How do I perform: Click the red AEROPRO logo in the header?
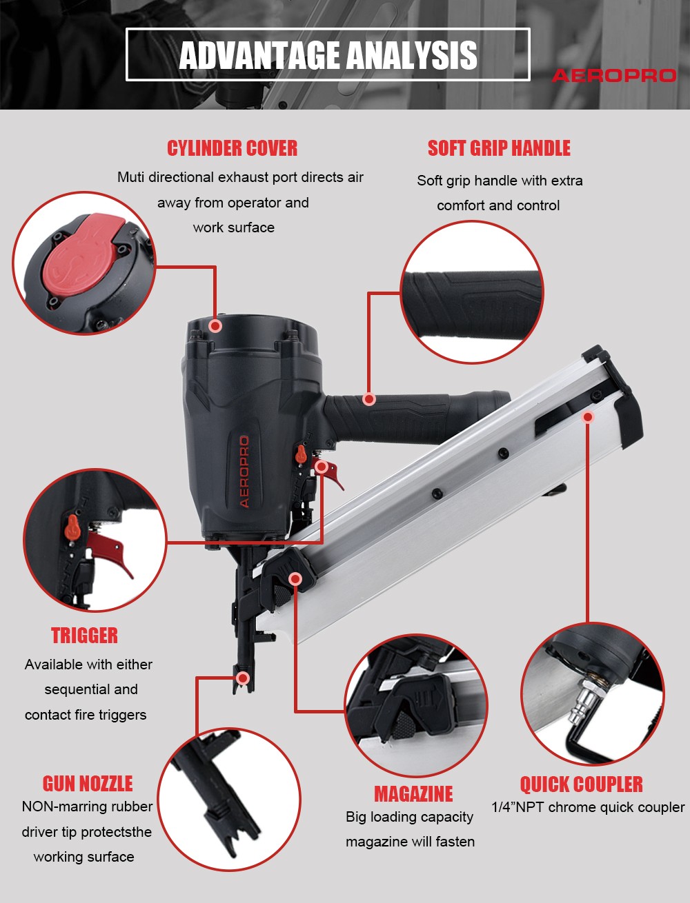pyautogui.click(x=614, y=76)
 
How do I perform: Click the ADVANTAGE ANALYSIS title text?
pyautogui.click(x=328, y=55)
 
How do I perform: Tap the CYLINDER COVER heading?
pyautogui.click(x=233, y=148)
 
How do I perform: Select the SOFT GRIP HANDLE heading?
pyautogui.click(x=499, y=148)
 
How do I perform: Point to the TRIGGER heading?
pyautogui.click(x=84, y=635)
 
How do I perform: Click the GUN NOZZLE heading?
pyautogui.click(x=88, y=784)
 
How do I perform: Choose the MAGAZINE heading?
pyautogui.click(x=413, y=794)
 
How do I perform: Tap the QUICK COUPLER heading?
pyautogui.click(x=581, y=784)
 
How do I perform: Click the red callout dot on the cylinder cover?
pyautogui.click(x=215, y=326)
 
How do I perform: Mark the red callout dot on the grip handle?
pyautogui.click(x=369, y=398)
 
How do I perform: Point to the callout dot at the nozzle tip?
pyautogui.click(x=243, y=678)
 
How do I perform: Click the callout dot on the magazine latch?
pyautogui.click(x=295, y=579)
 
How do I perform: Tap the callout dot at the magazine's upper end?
pyautogui.click(x=589, y=417)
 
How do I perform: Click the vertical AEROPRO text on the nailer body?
pyautogui.click(x=244, y=472)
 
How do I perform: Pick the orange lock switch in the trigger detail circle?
pyautogui.click(x=72, y=527)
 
